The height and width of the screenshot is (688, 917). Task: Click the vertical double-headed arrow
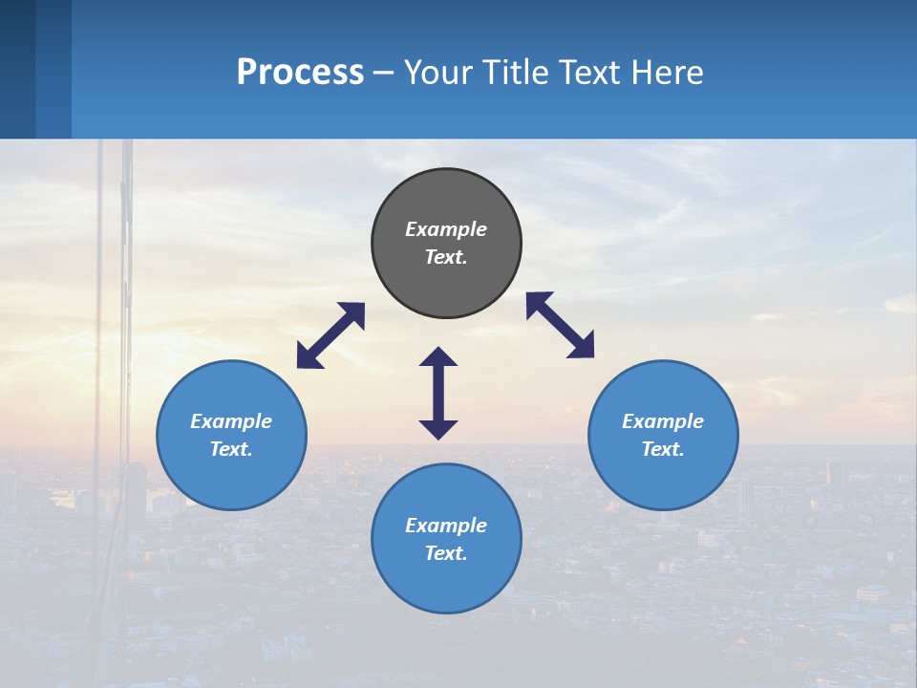pos(438,393)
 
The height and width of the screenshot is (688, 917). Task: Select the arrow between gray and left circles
pos(331,335)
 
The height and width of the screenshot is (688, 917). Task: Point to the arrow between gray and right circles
pos(560,325)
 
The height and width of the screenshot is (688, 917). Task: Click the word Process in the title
pos(300,72)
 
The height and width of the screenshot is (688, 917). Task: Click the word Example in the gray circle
pos(446,229)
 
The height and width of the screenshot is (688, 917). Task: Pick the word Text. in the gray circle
pos(446,257)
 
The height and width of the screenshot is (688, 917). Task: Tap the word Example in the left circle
pos(231,421)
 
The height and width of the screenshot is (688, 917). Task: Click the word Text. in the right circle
pos(663,449)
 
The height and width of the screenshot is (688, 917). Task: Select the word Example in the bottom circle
pos(446,526)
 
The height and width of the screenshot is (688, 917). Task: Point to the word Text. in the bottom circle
pos(446,553)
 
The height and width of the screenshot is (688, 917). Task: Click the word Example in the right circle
pos(663,421)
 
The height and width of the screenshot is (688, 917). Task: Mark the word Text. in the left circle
pos(231,449)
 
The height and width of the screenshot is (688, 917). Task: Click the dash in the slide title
pos(384,73)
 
